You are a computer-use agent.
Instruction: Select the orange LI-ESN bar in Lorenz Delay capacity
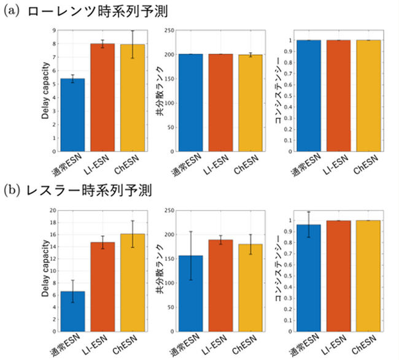click(103, 98)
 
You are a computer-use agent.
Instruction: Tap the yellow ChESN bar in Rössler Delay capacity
click(133, 282)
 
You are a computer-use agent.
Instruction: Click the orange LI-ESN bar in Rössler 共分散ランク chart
click(220, 285)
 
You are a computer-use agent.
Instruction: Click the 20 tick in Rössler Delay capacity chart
click(53, 210)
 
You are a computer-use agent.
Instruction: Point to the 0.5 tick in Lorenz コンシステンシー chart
click(287, 96)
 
